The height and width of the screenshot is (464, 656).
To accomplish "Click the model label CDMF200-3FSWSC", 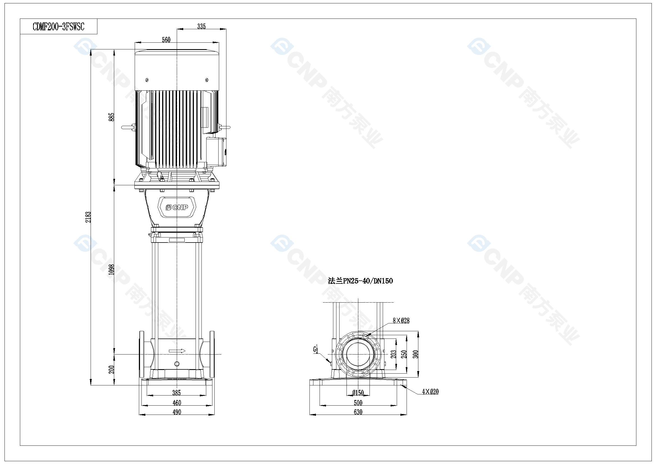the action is tap(59, 27).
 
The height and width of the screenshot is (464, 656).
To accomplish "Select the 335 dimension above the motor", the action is tap(201, 26).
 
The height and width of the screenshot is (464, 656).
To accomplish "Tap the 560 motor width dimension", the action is tap(166, 40).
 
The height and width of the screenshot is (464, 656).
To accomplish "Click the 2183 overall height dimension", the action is tap(88, 217).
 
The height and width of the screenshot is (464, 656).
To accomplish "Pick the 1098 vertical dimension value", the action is tap(111, 269).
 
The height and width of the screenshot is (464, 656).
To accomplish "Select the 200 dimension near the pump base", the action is tap(111, 369).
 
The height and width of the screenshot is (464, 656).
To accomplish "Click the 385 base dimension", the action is tap(176, 393).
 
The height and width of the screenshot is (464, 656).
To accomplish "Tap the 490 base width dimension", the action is tap(177, 412).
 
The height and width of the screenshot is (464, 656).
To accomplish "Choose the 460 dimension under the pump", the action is tap(177, 403).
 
